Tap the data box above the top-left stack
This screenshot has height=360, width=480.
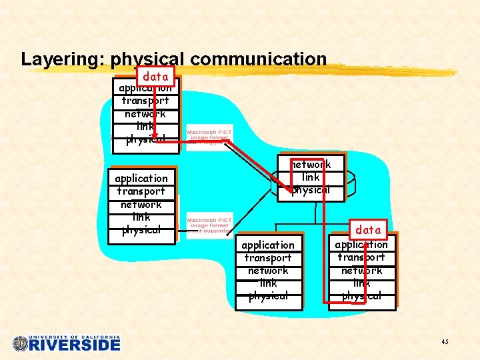pos(156,77)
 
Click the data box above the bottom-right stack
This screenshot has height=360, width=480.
pos(368,230)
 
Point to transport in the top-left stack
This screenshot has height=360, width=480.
pos(145,101)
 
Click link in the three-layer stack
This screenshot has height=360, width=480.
pos(311,177)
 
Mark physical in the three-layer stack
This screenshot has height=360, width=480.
pos(311,189)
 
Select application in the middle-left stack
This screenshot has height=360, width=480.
pos(141,178)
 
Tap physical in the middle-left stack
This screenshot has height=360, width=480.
pos(141,230)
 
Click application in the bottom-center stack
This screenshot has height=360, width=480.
pos(268,245)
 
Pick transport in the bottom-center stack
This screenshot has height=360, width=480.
pos(268,258)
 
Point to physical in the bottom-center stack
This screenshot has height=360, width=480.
pos(268,296)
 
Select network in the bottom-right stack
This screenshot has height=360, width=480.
pos(361,271)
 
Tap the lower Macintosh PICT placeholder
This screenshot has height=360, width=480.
pos(209,225)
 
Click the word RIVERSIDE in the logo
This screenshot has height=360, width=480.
pos(75,345)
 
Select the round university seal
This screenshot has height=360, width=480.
pos(21,344)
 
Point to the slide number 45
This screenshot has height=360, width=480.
pos(445,342)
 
